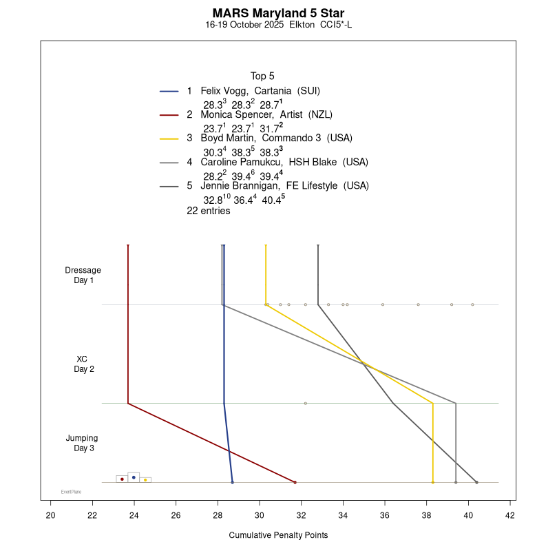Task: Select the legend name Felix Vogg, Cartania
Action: click(x=260, y=91)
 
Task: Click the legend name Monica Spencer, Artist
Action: click(x=266, y=114)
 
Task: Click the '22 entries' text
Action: click(x=208, y=211)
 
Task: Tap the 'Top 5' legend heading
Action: click(x=262, y=76)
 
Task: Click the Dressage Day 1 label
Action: click(x=83, y=275)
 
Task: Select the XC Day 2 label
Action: click(x=83, y=364)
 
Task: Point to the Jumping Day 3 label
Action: click(x=83, y=443)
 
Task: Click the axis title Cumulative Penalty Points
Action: click(x=278, y=535)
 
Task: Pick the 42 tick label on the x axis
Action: click(x=510, y=514)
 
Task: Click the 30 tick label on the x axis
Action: click(x=260, y=514)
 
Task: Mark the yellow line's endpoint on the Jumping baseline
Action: click(x=432, y=482)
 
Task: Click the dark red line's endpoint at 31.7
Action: click(x=295, y=482)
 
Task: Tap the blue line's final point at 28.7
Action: click(x=233, y=482)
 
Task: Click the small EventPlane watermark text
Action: click(x=71, y=492)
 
